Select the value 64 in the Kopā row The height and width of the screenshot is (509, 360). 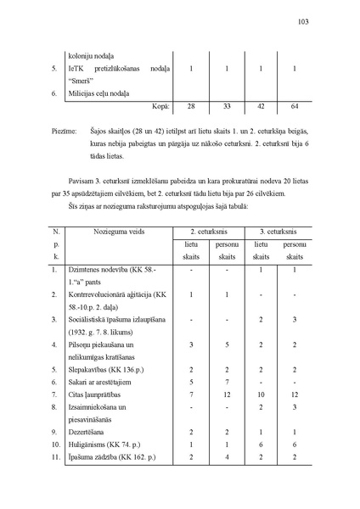[294, 106]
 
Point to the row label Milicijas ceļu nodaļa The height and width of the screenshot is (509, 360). [104, 92]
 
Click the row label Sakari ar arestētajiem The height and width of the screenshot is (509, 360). [106, 382]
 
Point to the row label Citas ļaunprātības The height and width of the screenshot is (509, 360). [98, 394]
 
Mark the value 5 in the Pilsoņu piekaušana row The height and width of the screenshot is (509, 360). [226, 344]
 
